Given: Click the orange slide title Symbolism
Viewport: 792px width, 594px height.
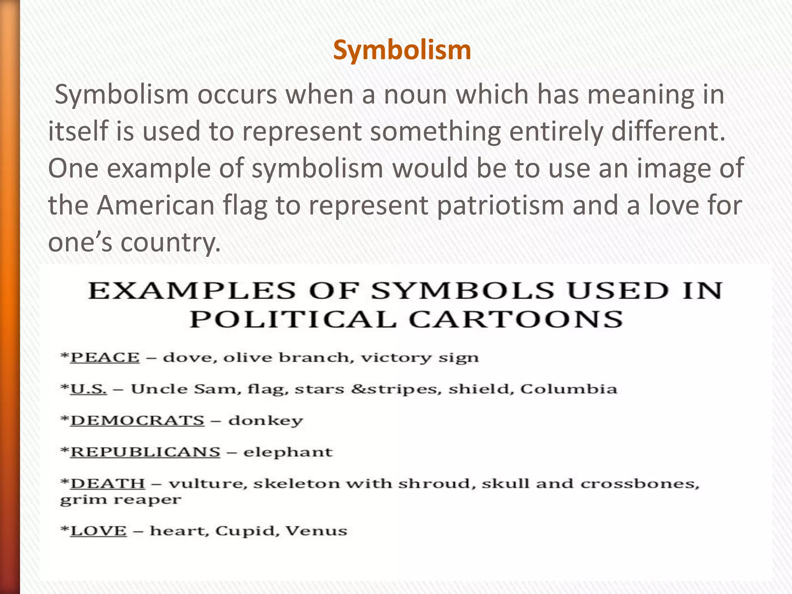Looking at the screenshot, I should tap(402, 50).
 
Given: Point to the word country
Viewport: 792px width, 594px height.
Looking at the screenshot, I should tap(170, 243).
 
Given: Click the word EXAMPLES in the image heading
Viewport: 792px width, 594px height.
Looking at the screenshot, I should tap(192, 291).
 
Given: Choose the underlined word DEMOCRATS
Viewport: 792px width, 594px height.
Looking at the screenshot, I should tap(137, 421).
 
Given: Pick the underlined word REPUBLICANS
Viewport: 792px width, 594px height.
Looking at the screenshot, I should tap(145, 452).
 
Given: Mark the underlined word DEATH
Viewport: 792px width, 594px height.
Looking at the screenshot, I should tap(108, 484).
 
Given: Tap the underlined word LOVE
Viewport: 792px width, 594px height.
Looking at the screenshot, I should tap(99, 531).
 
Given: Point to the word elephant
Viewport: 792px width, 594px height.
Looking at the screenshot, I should tap(288, 452).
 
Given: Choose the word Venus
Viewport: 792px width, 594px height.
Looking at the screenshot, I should tap(316, 531).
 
